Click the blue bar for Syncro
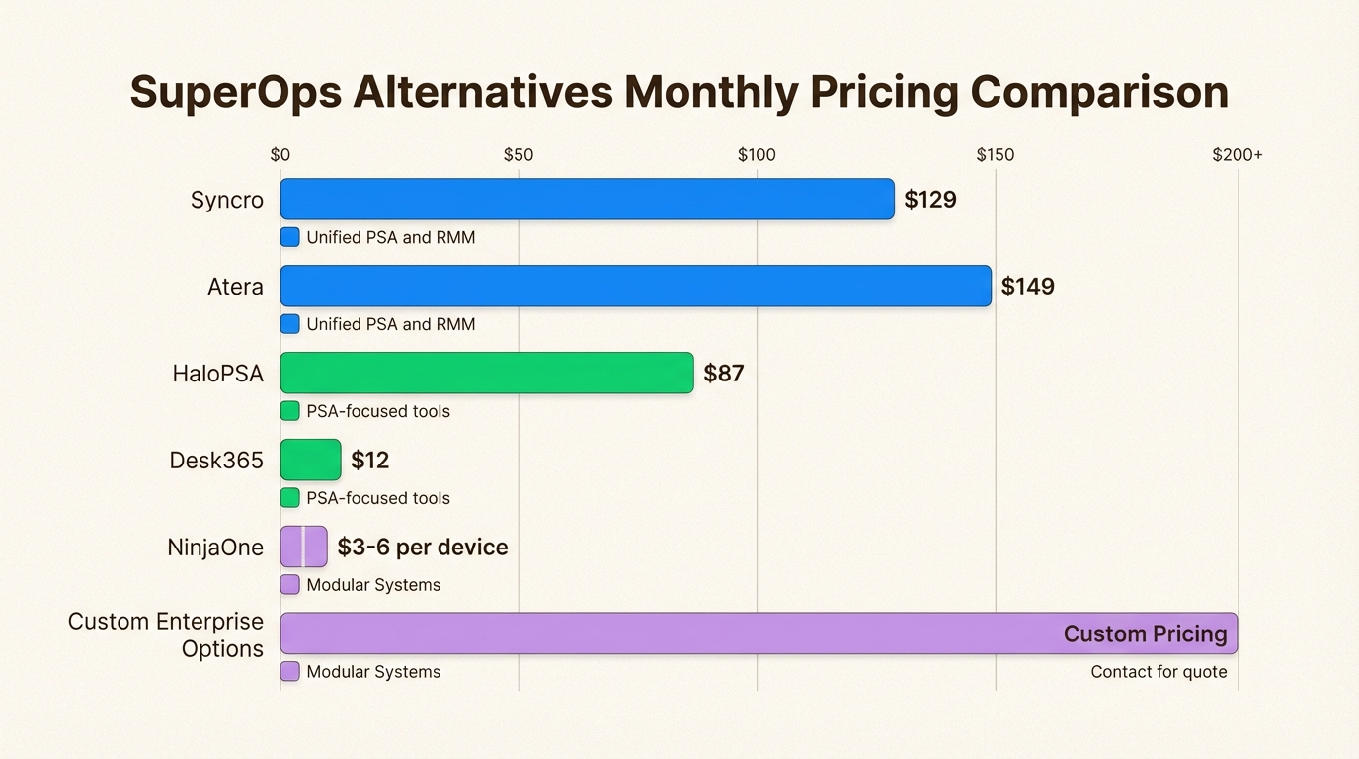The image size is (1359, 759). (x=587, y=200)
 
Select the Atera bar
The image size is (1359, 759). (x=635, y=287)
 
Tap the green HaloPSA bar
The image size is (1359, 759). (x=486, y=374)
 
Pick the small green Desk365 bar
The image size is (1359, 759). (x=310, y=461)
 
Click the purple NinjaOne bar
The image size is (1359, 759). (x=303, y=547)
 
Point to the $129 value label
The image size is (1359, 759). (x=930, y=200)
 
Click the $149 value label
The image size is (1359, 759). (x=1027, y=287)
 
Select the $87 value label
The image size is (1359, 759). (x=723, y=374)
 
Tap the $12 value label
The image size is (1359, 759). (x=370, y=461)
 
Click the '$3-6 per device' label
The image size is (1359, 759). (x=423, y=548)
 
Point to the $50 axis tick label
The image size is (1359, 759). (x=519, y=155)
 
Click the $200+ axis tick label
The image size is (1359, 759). (x=1238, y=155)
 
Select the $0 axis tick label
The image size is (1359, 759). (x=280, y=155)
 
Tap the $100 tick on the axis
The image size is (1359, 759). (x=757, y=155)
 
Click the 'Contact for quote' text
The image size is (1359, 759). (x=1159, y=672)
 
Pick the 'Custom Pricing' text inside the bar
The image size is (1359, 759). (x=1145, y=634)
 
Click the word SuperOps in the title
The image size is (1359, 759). (x=234, y=93)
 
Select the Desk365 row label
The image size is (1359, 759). (x=216, y=461)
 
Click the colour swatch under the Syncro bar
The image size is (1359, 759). (x=289, y=237)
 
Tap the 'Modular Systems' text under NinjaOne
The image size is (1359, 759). (x=373, y=585)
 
